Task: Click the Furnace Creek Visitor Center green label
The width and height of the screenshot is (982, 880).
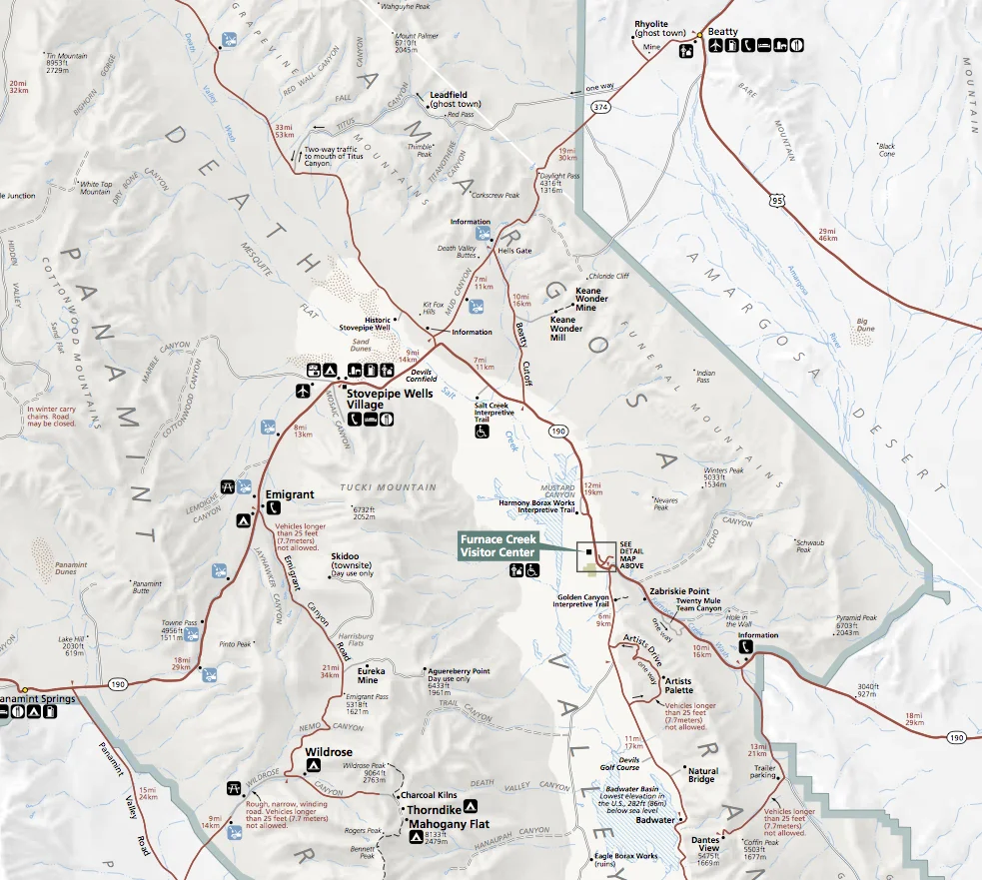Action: click(x=498, y=545)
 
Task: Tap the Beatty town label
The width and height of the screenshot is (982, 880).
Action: click(x=722, y=32)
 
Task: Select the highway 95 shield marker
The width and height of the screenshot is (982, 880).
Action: click(x=778, y=201)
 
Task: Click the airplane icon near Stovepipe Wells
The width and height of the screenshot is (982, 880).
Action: click(x=304, y=391)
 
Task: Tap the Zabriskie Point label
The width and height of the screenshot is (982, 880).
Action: click(x=679, y=591)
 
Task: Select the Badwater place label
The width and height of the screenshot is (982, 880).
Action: click(x=655, y=820)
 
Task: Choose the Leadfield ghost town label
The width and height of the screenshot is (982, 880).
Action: click(x=455, y=99)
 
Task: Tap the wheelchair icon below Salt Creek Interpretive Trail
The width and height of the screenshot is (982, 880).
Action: click(x=482, y=433)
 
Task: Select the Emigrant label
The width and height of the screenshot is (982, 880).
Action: click(x=290, y=494)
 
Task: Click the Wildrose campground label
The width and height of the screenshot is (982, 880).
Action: click(x=330, y=750)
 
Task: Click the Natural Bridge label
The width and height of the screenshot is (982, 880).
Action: click(x=702, y=774)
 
